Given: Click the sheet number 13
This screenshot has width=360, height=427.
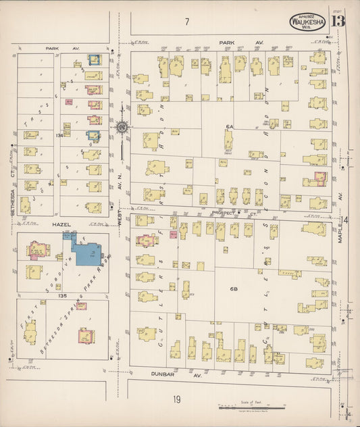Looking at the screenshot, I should [338, 20].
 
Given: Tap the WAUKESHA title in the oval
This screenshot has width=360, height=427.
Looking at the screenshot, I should [308, 21].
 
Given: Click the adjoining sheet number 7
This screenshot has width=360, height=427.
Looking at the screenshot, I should [186, 22].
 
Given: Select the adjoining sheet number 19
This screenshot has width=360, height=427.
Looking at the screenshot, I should [176, 399].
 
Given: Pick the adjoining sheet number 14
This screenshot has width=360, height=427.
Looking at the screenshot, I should [346, 220].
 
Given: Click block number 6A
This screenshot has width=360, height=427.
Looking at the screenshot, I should [229, 127].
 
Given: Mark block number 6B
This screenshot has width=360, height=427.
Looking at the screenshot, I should [234, 289].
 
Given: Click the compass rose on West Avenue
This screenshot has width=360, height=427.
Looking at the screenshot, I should [122, 126].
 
